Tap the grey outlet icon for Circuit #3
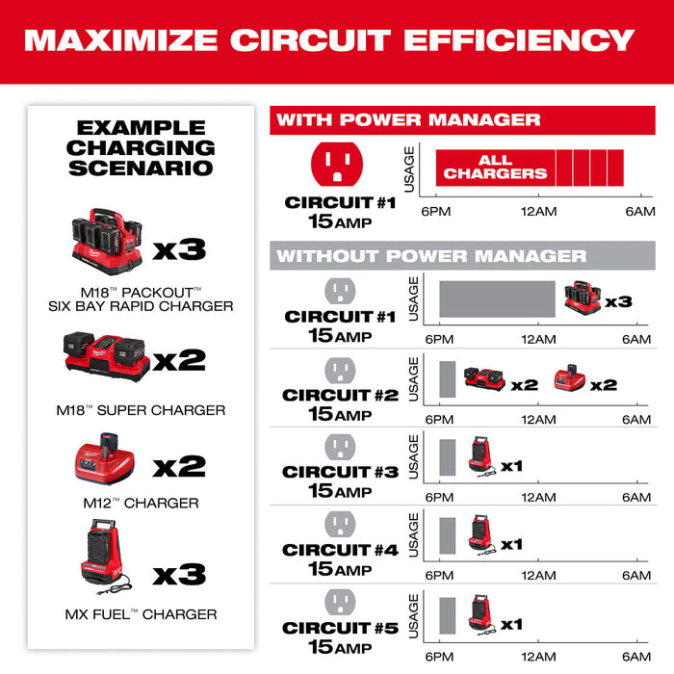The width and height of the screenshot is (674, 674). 339,446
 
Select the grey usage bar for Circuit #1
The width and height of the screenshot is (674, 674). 497,299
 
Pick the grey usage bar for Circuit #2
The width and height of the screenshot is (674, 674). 447,380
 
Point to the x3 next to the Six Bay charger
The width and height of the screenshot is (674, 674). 180,248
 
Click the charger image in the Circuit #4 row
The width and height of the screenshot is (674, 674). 481,531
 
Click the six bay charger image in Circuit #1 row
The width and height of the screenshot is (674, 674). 583,298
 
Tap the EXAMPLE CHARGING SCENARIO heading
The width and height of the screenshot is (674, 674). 141,147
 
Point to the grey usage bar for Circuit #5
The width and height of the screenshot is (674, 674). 447,613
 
